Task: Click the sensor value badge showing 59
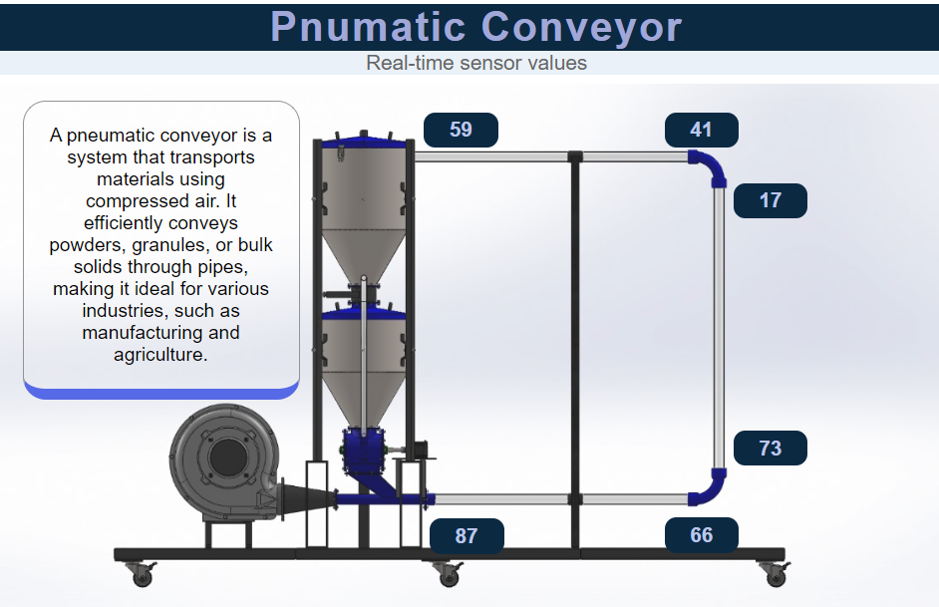pyautogui.click(x=461, y=130)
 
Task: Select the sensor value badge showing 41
pyautogui.click(x=702, y=130)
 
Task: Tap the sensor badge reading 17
pyautogui.click(x=770, y=200)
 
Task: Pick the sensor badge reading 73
pyautogui.click(x=770, y=449)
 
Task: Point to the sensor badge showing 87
pyautogui.click(x=467, y=535)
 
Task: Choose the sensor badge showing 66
pyautogui.click(x=702, y=535)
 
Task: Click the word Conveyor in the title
pyautogui.click(x=581, y=26)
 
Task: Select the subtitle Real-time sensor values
pyautogui.click(x=476, y=63)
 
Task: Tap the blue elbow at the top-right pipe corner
pyautogui.click(x=710, y=165)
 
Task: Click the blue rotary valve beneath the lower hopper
pyautogui.click(x=363, y=451)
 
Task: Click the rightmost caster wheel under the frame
pyautogui.click(x=774, y=573)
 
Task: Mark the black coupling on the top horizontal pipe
pyautogui.click(x=574, y=156)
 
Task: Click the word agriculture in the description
pyautogui.click(x=160, y=354)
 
